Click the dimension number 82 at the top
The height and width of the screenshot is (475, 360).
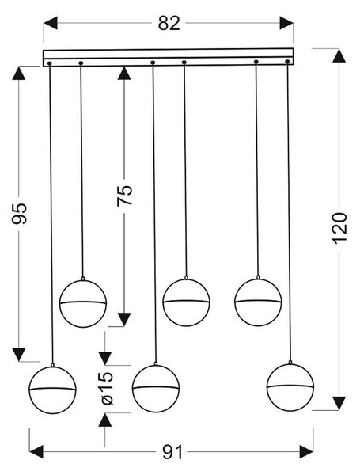coord(169,23)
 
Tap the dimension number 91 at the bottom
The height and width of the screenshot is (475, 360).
coord(172,452)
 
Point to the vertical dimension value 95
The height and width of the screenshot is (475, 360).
coord(19,214)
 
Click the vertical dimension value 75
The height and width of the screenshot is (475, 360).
coord(125,195)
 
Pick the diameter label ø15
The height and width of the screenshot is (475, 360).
coord(107,389)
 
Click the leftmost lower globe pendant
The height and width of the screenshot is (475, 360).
coord(52,389)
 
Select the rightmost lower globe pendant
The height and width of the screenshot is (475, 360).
coord(290,387)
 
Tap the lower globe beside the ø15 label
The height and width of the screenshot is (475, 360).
coord(156,389)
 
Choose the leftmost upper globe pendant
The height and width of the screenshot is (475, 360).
coord(83,303)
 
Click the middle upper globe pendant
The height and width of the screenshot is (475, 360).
coord(186,302)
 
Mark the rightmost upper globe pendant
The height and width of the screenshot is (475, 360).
coord(258,302)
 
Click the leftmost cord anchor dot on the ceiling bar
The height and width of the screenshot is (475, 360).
coord(50,63)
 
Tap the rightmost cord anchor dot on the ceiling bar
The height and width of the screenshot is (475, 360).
coord(287,62)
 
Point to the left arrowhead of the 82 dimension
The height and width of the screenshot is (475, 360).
coord(51,23)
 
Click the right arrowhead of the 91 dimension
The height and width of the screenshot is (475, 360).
coord(306,452)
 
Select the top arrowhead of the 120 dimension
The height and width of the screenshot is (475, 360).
coord(339,55)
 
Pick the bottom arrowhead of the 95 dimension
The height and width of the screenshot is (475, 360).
coord(19,355)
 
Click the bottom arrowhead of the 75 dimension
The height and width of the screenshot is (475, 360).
coord(124,320)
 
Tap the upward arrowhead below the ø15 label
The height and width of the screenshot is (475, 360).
coord(105,420)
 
